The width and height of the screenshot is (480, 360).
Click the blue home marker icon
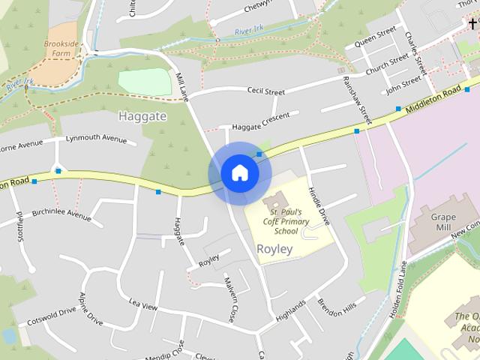pos(239,173)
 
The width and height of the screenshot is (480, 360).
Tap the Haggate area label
pos(142,116)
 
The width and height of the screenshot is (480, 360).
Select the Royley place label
pos(274,248)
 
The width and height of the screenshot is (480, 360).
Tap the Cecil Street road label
pos(266,91)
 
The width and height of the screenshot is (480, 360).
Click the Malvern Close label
pos(230,299)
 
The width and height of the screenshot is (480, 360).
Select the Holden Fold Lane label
pos(397,289)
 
